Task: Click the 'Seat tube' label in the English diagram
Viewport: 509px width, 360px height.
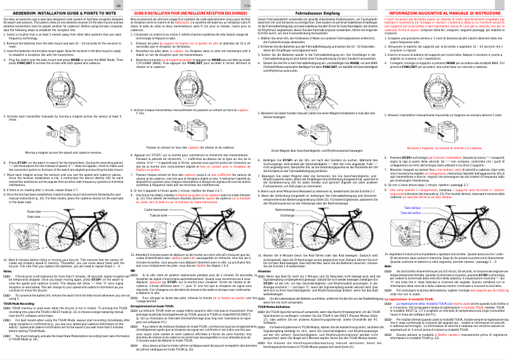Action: [34, 217]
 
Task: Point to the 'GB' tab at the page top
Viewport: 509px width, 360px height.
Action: [120, 3]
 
